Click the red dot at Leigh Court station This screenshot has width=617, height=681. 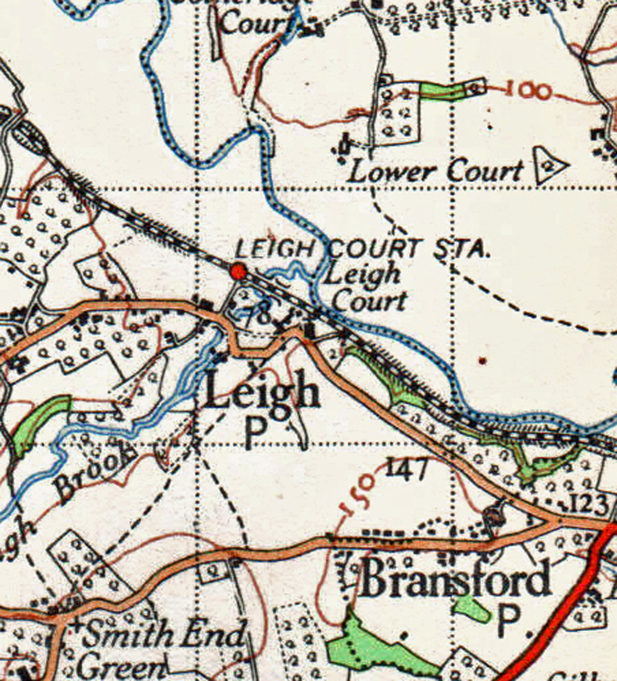239,272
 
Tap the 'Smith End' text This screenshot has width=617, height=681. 164,635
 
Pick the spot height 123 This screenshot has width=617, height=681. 589,503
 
